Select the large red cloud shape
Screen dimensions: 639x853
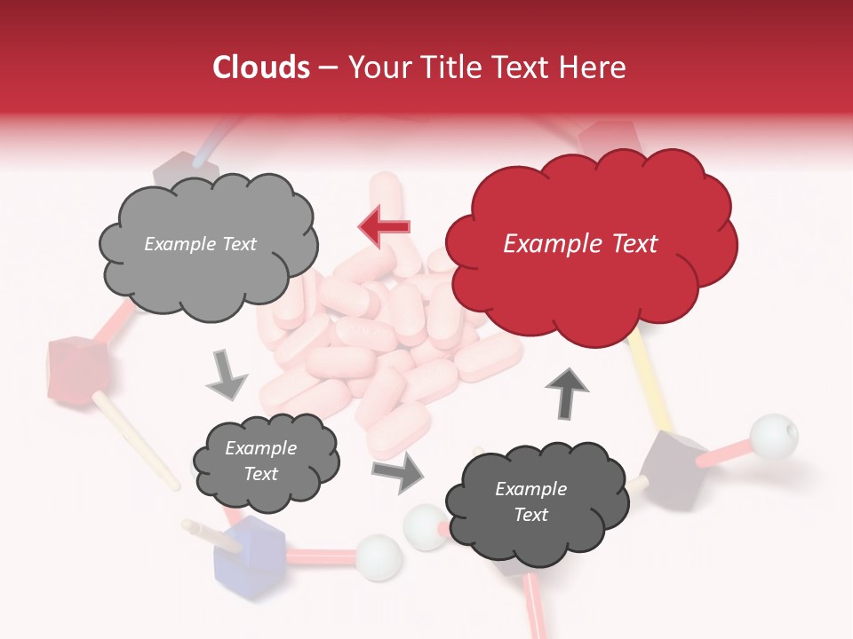point(591,244)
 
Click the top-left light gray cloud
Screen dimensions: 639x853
point(208,244)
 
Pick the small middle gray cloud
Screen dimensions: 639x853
point(266,462)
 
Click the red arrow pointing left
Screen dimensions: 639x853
point(384,226)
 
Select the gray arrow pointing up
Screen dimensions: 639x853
point(566,392)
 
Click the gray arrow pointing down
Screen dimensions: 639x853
point(226,375)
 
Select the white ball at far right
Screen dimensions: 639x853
point(772,436)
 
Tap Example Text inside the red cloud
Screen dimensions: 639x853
point(580,244)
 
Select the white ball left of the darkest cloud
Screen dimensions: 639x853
point(424,526)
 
